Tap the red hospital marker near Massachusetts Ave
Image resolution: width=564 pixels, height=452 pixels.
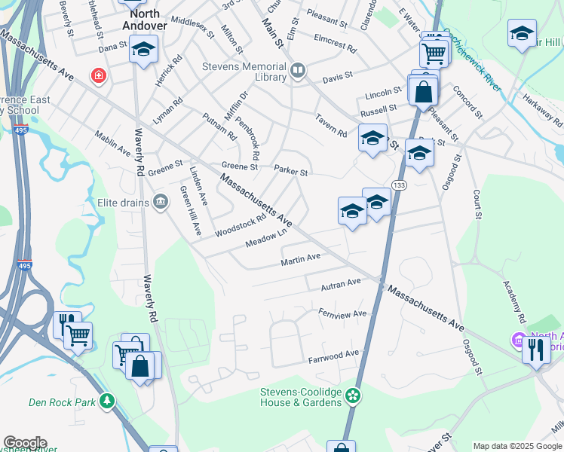click(x=97, y=75)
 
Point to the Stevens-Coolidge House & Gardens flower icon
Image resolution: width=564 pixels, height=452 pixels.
click(x=352, y=395)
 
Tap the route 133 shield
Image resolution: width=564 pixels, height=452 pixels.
click(x=400, y=185)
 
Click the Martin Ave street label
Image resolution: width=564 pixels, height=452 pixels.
click(x=301, y=259)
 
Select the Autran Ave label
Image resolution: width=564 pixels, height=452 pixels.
click(x=341, y=284)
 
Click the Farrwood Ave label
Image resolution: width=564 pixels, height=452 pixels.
click(x=334, y=353)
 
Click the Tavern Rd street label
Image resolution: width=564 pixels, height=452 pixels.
click(x=331, y=125)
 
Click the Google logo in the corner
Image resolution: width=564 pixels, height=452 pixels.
click(x=25, y=443)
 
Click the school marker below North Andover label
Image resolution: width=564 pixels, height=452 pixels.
click(x=143, y=50)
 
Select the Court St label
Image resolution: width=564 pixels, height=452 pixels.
click(x=477, y=203)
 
